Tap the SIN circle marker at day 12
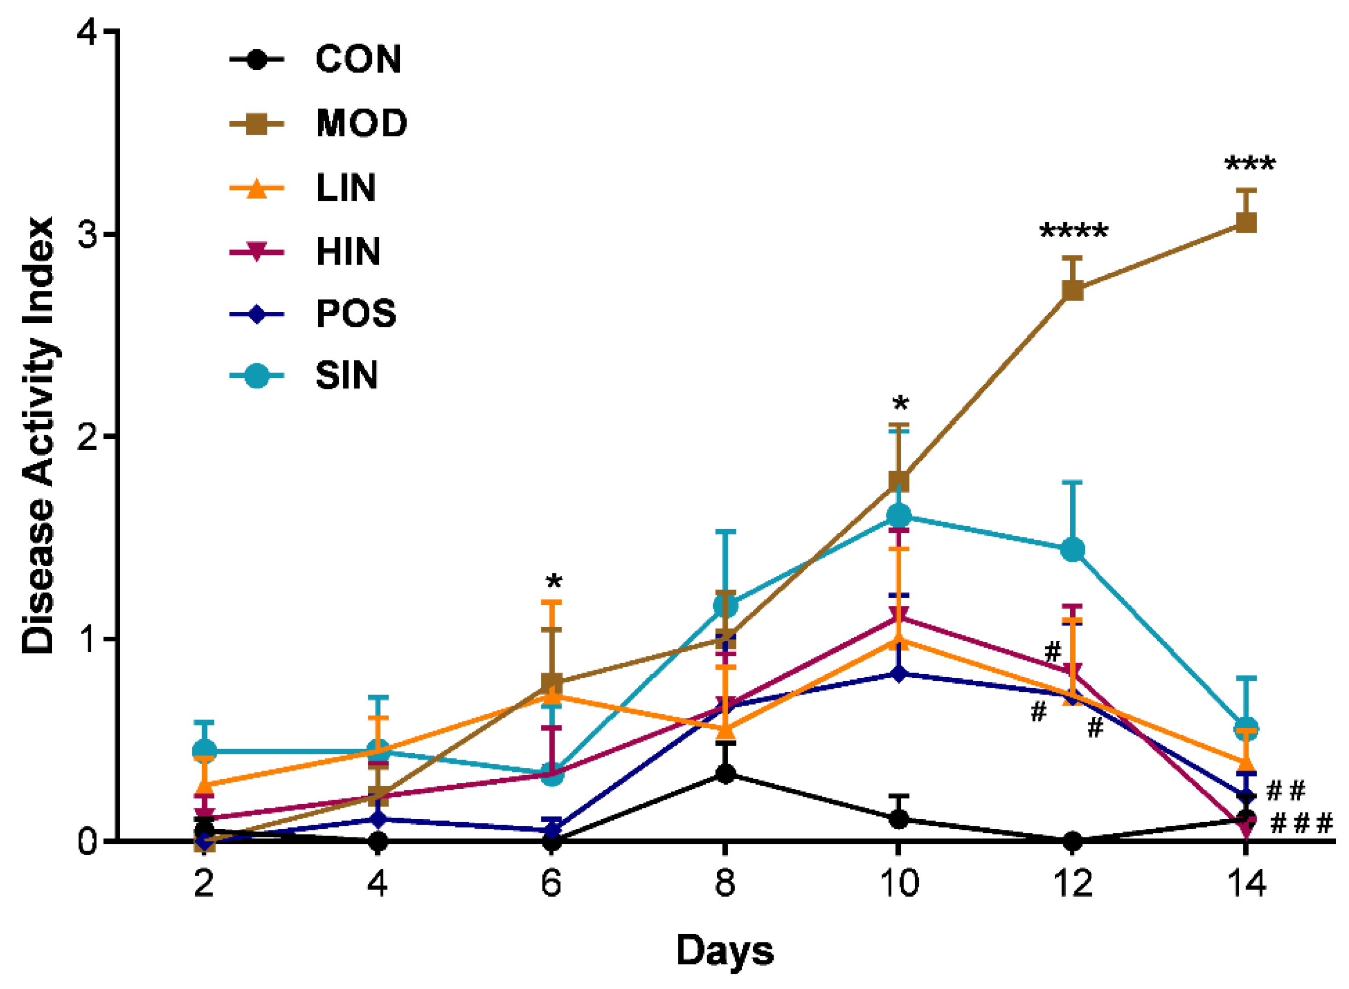1073,550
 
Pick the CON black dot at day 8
725,774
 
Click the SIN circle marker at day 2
204,751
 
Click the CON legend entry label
358,60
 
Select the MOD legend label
362,124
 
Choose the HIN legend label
348,252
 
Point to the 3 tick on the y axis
90,234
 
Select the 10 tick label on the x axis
898,884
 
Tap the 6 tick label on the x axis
551,884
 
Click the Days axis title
725,950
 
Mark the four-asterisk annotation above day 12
1074,231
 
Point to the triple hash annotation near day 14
1302,824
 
